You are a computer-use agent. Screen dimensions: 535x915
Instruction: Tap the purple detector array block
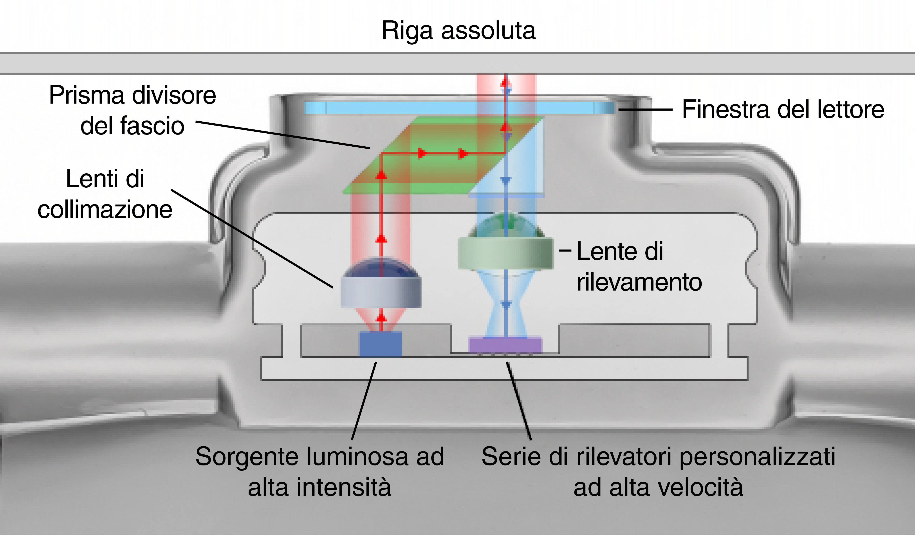pyautogui.click(x=505, y=345)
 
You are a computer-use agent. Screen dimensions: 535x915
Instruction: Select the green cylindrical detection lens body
pyautogui.click(x=505, y=253)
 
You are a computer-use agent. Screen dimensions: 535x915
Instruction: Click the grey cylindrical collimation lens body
pyautogui.click(x=381, y=292)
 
